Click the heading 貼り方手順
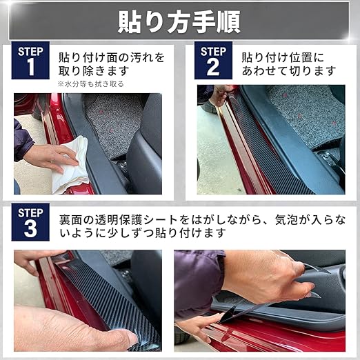pyautogui.click(x=179, y=23)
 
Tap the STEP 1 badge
pyautogui.click(x=30, y=61)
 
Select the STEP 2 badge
pyautogui.click(x=213, y=61)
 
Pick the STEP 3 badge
pyautogui.click(x=30, y=222)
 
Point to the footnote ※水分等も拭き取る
pyautogui.click(x=90, y=84)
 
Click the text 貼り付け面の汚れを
pyautogui.click(x=112, y=57)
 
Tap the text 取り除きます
pyautogui.click(x=94, y=71)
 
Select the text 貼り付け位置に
pyautogui.click(x=283, y=57)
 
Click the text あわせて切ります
pyautogui.click(x=289, y=71)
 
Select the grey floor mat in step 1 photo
pyautogui.click(x=112, y=124)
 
